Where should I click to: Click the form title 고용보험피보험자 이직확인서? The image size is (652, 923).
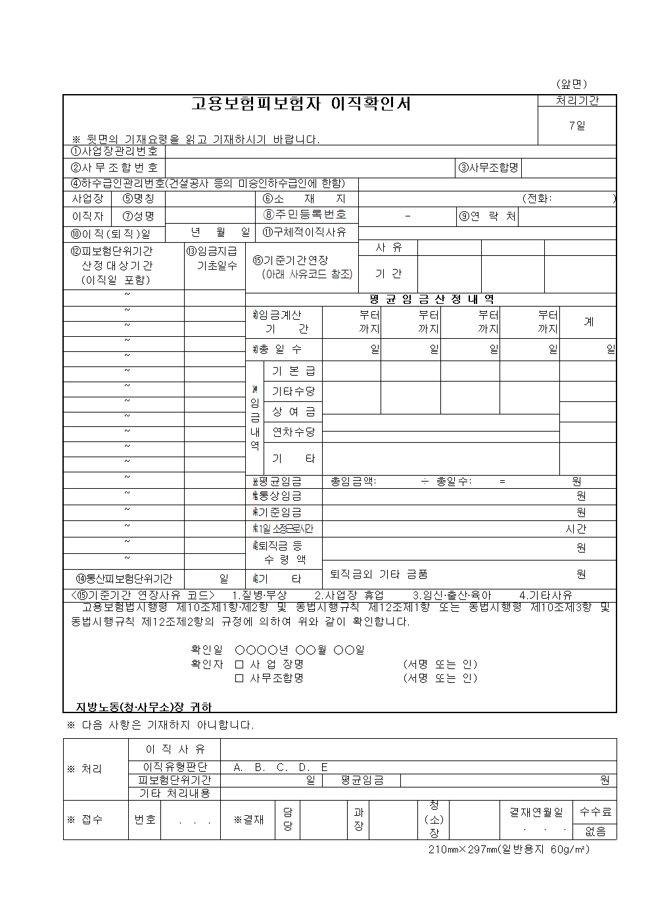300,104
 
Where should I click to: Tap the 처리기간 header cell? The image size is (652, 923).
577,101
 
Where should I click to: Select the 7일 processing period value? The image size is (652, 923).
577,126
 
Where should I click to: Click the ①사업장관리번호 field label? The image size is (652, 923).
114,151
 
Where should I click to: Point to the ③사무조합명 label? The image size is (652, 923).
488,168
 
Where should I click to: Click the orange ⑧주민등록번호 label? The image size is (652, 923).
304,214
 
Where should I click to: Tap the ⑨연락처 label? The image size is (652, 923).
488,216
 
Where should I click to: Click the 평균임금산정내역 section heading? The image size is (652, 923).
431,299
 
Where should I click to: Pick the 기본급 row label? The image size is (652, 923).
293,371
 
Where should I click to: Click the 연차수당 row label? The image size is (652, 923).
293,432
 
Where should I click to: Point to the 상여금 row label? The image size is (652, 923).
293,412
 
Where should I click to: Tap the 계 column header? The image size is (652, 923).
588,322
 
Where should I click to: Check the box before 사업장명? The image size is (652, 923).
239,664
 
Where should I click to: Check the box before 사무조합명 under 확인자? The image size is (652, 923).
239,678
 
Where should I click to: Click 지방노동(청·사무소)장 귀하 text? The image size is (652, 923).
143,707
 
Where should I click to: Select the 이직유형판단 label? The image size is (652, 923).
175,767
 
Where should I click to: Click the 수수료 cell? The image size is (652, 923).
595,812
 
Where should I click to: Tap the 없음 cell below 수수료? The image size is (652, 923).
595,832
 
